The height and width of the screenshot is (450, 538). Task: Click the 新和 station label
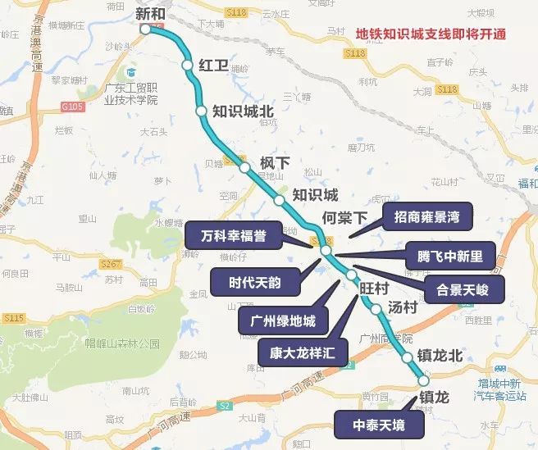click(x=150, y=13)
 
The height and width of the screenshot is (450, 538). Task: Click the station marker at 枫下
click(x=245, y=167)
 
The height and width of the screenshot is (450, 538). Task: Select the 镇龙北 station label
click(x=440, y=356)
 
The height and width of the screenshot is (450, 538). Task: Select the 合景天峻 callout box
click(x=463, y=289)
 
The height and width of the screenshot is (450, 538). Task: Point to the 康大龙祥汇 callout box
click(x=302, y=353)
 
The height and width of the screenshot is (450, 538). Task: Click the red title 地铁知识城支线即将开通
click(x=430, y=34)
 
